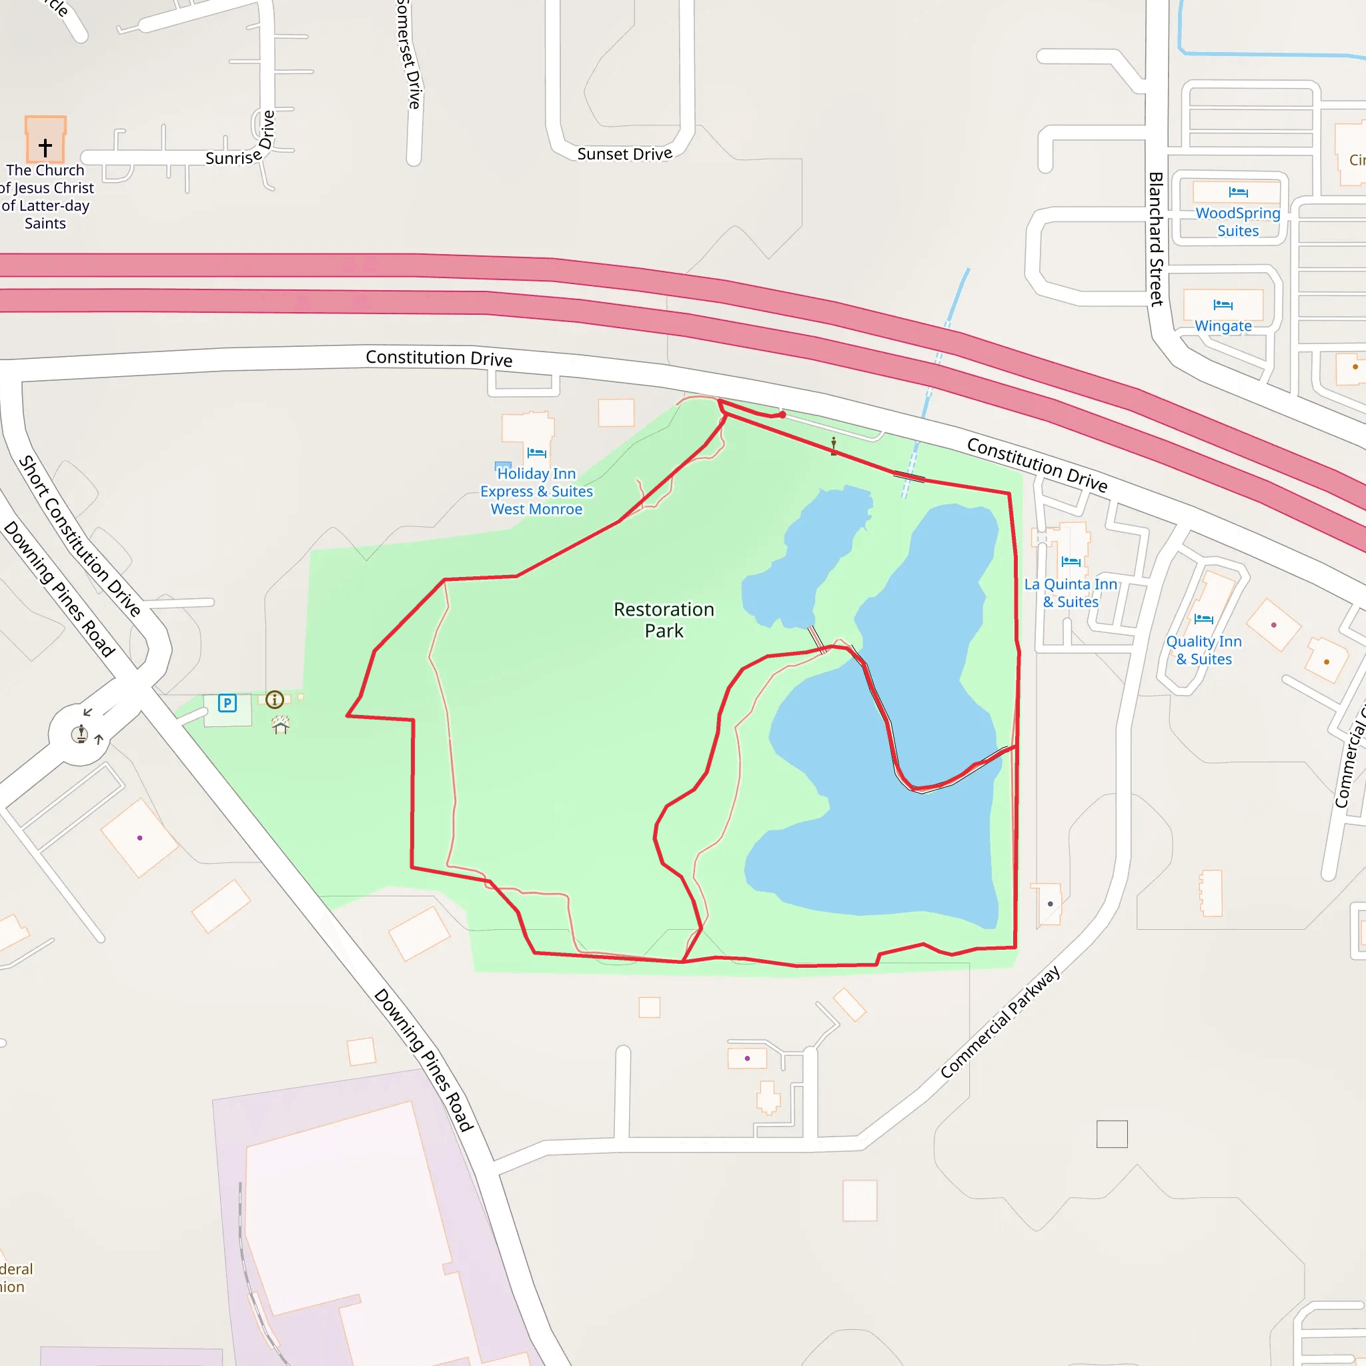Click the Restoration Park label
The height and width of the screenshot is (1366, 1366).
[x=663, y=620]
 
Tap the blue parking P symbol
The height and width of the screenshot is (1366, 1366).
[x=227, y=703]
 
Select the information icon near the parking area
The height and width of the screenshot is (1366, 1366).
[x=274, y=699]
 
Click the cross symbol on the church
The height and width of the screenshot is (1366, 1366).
[x=45, y=147]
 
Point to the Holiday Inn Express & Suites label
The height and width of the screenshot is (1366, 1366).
[x=537, y=492]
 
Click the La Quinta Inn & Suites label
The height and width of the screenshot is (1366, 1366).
[x=1071, y=592]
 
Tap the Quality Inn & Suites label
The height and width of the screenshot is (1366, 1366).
[x=1203, y=650]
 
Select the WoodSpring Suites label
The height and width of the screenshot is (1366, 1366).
[x=1237, y=221]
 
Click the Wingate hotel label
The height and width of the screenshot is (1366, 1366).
[x=1223, y=326]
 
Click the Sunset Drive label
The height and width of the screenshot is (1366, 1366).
[x=624, y=154]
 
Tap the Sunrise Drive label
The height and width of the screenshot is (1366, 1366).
[x=240, y=145]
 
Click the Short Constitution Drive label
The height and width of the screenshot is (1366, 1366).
[x=79, y=536]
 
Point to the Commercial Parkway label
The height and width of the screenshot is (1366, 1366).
[x=1000, y=1022]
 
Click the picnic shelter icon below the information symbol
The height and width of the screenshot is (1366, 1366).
[x=281, y=725]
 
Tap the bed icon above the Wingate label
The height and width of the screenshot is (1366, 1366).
[x=1223, y=305]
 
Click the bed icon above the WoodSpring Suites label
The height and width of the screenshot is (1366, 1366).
[x=1237, y=192]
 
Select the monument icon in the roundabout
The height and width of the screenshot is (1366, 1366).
[x=81, y=734]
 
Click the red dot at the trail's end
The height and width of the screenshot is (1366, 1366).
[x=782, y=414]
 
